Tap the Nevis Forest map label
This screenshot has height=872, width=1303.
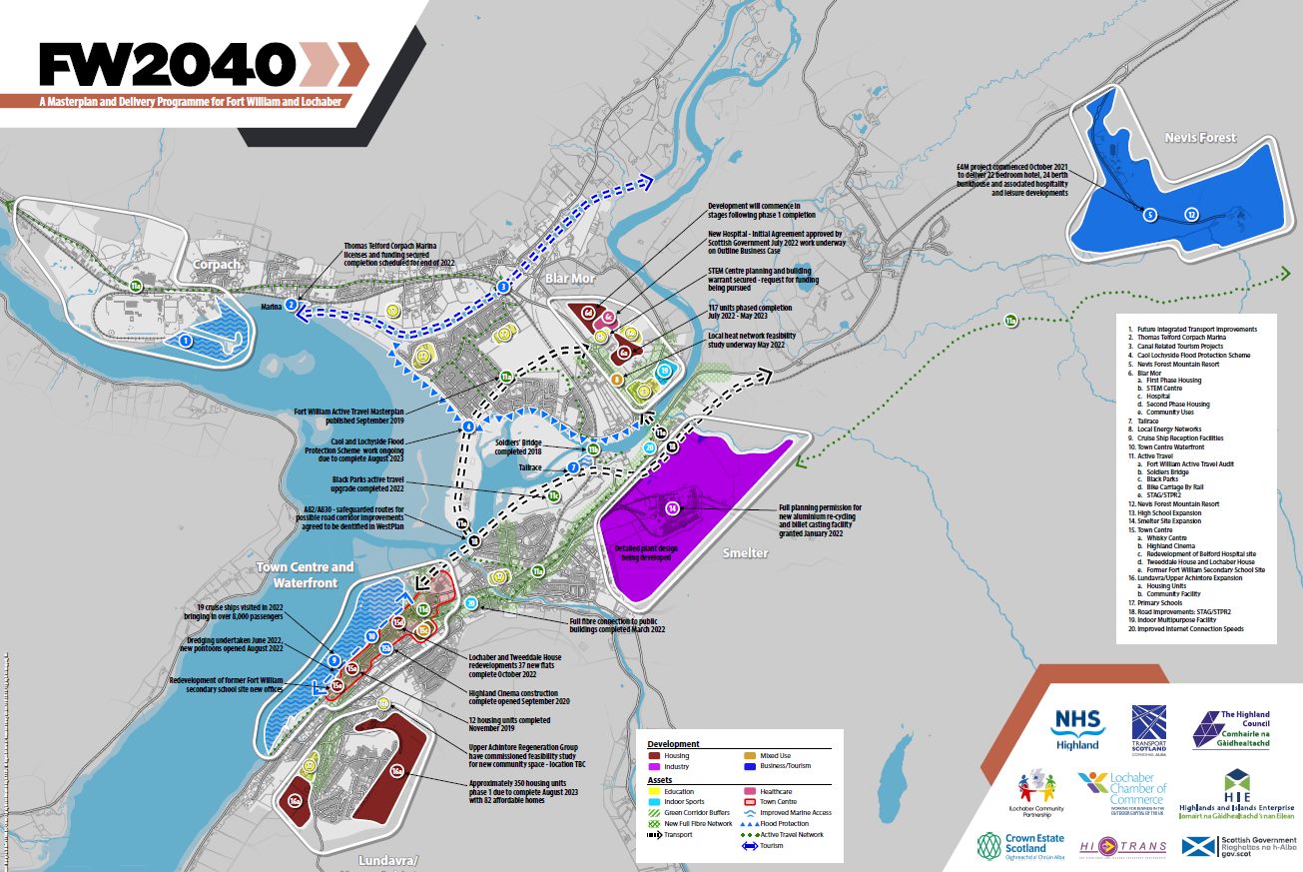point(1200,137)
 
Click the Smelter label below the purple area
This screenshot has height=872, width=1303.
point(745,552)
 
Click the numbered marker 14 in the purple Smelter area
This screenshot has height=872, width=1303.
point(673,509)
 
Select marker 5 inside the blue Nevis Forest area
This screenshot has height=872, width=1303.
point(1149,215)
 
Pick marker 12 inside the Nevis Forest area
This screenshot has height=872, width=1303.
point(1190,215)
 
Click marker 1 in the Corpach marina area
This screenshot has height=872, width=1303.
point(186,341)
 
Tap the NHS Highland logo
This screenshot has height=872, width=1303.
point(1077,729)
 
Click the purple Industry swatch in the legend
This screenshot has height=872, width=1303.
point(655,767)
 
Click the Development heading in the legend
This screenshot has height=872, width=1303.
point(673,744)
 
